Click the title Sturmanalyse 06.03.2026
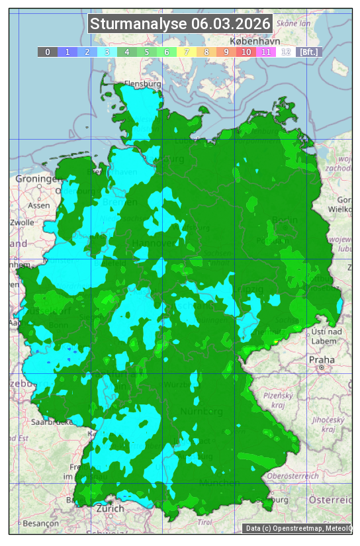coord(180,24)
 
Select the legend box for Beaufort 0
coord(47,52)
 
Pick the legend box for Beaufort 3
coord(107,52)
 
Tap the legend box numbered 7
coord(186,52)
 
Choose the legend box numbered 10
coord(246,52)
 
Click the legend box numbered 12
coord(285,52)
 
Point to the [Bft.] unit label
coord(309,52)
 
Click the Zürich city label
coord(109,508)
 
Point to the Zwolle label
coord(22,222)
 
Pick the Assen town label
coord(39,205)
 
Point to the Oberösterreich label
coord(293,476)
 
